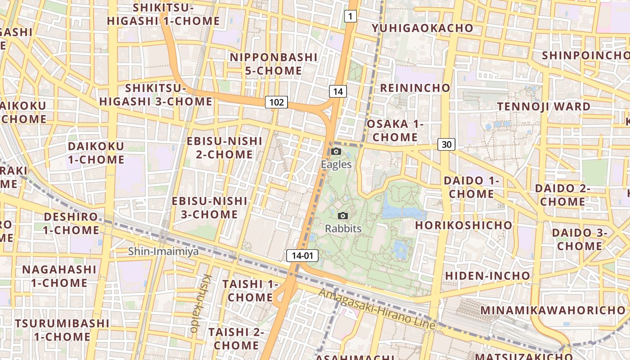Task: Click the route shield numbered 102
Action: tap(276, 102)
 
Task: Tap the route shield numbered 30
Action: tap(446, 144)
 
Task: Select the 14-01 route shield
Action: tap(302, 256)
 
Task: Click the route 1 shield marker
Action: tap(351, 17)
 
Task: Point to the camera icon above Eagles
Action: tap(336, 152)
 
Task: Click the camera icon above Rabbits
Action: tap(343, 216)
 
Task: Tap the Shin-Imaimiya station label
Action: tap(163, 251)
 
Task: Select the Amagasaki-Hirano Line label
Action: tap(377, 309)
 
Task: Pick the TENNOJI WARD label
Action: tap(544, 107)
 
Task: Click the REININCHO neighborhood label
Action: tap(415, 88)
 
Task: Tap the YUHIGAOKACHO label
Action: tap(423, 28)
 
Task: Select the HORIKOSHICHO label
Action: tap(463, 225)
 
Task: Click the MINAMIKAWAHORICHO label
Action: tap(553, 310)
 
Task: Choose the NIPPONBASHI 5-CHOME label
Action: tap(274, 64)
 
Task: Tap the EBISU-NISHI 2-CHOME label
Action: tap(225, 148)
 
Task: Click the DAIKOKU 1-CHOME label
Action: tap(96, 153)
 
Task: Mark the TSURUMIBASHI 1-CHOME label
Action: tap(62, 330)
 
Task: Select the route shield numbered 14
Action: tap(338, 92)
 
